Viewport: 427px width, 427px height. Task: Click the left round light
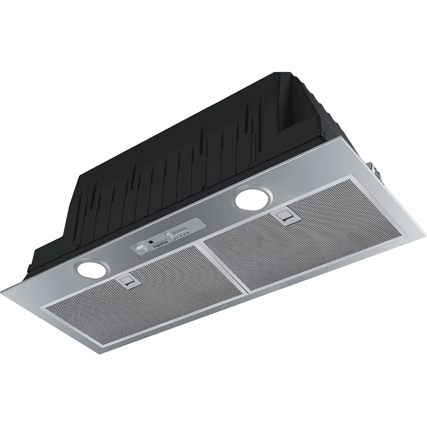click(92, 268)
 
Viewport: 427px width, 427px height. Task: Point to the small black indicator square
click(150, 242)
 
